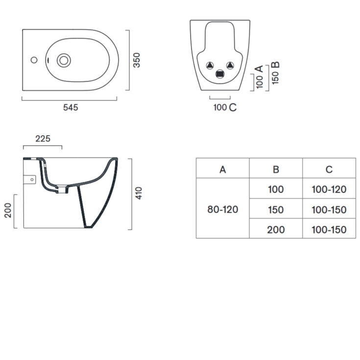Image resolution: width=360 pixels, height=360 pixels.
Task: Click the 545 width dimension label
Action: [x=71, y=108]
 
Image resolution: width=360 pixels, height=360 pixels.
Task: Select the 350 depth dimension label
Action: [x=137, y=60]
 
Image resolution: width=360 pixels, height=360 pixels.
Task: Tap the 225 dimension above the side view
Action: [x=43, y=139]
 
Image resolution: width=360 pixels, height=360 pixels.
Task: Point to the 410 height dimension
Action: [x=139, y=193]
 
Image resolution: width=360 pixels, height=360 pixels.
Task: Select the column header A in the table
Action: [x=222, y=169]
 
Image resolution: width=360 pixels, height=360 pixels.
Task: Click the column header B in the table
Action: [x=276, y=169]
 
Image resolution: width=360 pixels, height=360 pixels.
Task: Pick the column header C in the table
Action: [x=329, y=169]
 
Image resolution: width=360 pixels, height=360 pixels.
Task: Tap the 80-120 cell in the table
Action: [x=222, y=210]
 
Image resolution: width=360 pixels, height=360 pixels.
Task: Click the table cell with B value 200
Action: [x=276, y=230]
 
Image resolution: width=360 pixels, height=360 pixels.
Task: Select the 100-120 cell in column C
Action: [x=329, y=190]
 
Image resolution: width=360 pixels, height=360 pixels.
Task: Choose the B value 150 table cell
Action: [x=276, y=210]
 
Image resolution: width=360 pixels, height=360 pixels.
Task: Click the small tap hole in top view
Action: [x=34, y=60]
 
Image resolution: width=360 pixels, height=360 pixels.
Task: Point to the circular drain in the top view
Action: [x=63, y=60]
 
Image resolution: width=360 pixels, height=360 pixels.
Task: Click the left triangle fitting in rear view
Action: [x=210, y=65]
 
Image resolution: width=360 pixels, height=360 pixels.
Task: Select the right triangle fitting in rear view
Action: [x=229, y=65]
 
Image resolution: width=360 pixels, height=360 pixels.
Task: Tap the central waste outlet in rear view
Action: [x=220, y=74]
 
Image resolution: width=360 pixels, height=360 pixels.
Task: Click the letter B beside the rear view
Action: [x=276, y=65]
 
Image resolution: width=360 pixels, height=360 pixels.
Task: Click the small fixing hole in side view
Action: [x=32, y=180]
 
